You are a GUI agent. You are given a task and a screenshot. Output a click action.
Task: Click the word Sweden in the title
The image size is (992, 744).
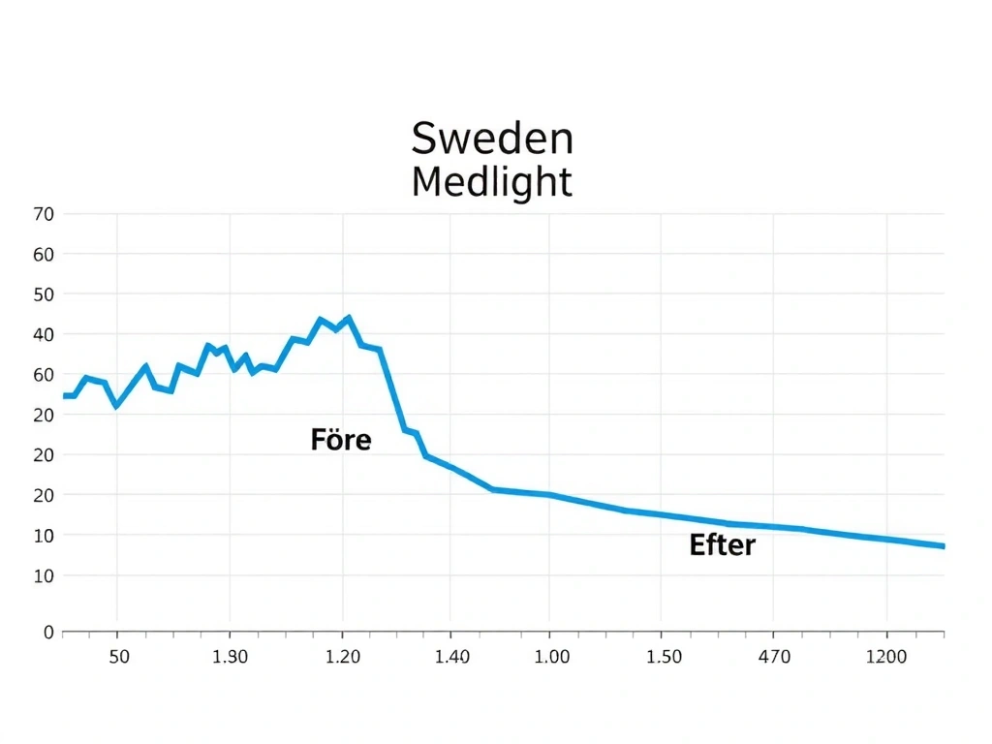(x=492, y=139)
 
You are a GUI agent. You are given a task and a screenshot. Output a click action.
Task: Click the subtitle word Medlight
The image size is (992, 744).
(x=491, y=181)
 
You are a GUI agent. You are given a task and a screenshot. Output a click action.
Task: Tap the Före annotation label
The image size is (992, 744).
(x=341, y=440)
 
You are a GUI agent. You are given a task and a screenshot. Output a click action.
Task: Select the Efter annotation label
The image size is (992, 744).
(x=722, y=545)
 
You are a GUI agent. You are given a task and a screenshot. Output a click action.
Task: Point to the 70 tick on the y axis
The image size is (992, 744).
(x=45, y=214)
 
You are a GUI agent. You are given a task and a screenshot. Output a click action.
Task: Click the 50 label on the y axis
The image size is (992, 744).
(x=45, y=294)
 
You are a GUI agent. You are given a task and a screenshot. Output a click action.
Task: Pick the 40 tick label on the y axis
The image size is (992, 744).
(x=45, y=334)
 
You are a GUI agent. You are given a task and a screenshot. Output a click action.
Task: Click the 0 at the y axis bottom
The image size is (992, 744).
(x=48, y=633)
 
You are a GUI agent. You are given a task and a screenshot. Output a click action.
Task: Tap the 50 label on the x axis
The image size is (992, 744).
(x=118, y=657)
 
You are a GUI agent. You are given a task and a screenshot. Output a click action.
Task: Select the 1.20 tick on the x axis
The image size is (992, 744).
(x=343, y=657)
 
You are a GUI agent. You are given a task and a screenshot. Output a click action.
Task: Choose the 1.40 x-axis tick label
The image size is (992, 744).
(x=452, y=657)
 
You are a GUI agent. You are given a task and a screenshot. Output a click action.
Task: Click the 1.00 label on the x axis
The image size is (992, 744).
(x=552, y=657)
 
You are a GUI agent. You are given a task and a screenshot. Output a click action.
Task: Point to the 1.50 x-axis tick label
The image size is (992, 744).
(x=664, y=657)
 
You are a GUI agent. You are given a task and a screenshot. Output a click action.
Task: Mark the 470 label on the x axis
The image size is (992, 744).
(x=774, y=657)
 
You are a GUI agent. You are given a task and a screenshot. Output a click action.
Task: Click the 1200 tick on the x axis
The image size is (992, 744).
(x=886, y=657)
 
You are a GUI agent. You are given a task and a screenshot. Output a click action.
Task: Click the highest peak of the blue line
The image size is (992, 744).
(x=349, y=317)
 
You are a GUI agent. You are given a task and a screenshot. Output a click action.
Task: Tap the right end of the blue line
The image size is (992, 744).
(x=943, y=546)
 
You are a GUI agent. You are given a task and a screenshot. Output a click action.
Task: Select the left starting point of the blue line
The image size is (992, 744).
(x=64, y=396)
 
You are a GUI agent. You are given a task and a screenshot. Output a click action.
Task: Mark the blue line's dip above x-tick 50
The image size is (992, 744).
(x=116, y=405)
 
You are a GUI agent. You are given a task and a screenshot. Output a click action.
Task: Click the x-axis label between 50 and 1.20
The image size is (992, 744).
(x=231, y=657)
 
